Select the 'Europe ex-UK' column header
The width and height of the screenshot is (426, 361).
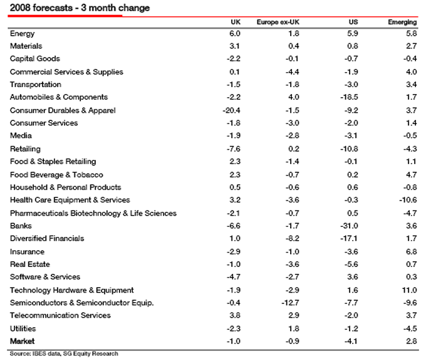[276, 22]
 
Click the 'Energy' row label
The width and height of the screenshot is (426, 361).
[23, 33]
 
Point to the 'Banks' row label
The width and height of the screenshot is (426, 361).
[21, 226]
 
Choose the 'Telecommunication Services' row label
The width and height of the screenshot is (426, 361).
[60, 315]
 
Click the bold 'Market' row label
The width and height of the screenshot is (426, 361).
[23, 341]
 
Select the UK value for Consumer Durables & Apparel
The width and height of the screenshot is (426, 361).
[231, 110]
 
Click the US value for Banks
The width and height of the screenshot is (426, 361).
[349, 226]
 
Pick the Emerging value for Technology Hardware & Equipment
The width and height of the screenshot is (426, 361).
[410, 290]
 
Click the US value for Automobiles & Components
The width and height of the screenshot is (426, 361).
[349, 97]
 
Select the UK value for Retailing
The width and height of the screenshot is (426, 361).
[234, 149]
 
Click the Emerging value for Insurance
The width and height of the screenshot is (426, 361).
[412, 251]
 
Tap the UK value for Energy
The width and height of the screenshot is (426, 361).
[235, 33]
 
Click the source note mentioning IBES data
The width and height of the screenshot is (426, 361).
[63, 354]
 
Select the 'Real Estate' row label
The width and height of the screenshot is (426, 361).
[30, 264]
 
